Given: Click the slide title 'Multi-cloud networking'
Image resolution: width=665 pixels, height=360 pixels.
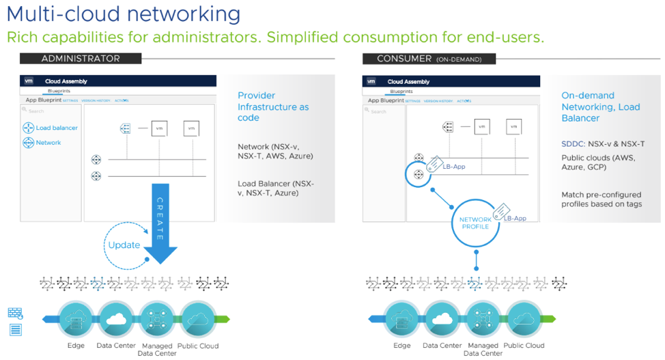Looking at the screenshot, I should (124, 14).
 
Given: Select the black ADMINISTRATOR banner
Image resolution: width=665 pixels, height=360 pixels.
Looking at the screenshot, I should (81, 59).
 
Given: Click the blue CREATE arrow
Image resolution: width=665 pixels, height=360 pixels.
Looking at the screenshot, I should (160, 225).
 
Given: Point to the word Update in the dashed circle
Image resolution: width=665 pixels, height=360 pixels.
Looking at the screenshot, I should (124, 245).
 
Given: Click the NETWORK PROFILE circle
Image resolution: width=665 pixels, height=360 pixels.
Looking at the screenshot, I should (475, 223).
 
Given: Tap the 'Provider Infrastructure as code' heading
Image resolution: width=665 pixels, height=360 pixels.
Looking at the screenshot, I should (273, 107).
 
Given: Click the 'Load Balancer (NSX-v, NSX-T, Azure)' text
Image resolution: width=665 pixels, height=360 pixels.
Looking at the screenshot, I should (276, 188).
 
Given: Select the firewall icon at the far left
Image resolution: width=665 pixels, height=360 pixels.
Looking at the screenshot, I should (15, 314).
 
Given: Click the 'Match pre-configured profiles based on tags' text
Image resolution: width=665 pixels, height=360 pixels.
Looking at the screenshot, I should (602, 199).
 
